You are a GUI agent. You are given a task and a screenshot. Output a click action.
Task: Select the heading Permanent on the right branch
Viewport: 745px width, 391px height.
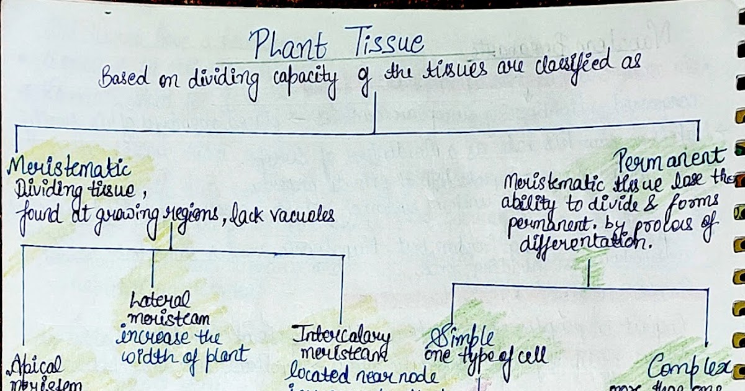click(670, 160)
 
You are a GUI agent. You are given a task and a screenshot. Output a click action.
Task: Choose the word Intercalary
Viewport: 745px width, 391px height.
click(343, 336)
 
